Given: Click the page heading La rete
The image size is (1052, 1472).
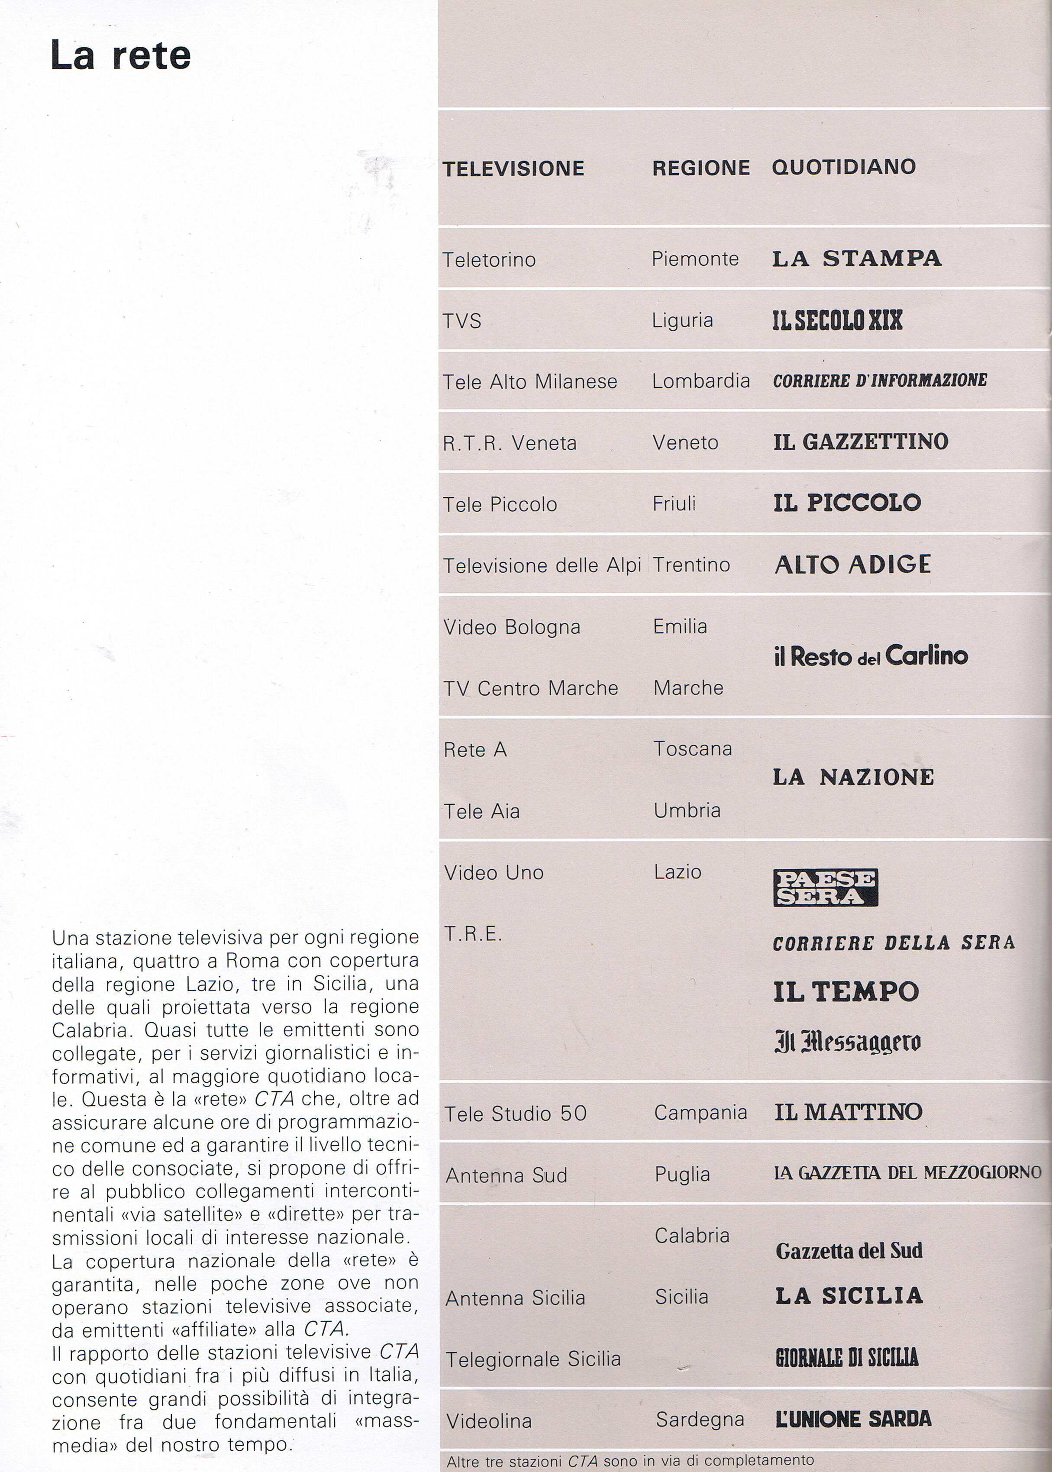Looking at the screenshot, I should [120, 56].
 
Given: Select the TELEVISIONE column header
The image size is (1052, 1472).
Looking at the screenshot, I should [513, 168].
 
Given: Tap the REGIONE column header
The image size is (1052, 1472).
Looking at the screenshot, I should [700, 168].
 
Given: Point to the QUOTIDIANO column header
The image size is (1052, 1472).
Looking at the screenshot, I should [843, 167].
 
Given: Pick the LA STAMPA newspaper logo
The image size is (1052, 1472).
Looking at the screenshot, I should [856, 258].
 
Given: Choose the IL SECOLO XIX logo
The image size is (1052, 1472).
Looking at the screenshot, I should [837, 320].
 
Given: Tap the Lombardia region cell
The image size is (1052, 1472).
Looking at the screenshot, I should [700, 381].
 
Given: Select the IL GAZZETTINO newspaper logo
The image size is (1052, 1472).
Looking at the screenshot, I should [860, 442].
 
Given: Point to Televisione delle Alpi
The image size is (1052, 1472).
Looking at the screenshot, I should [542, 565].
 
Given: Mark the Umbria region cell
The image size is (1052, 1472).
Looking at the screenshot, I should [687, 810].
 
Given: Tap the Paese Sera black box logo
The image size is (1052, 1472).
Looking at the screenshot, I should [825, 888].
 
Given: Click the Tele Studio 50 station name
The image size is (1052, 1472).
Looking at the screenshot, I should [515, 1114].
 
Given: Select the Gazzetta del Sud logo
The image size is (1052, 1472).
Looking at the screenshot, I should [849, 1250].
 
